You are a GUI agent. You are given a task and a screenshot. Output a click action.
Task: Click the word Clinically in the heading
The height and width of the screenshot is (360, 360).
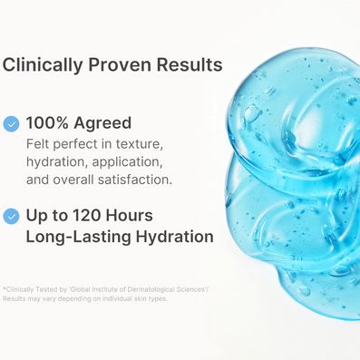click(43, 65)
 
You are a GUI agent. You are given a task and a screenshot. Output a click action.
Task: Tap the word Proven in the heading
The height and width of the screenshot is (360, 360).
click(120, 64)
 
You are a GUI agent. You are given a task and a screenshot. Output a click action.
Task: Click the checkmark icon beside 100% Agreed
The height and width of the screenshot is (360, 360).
click(11, 124)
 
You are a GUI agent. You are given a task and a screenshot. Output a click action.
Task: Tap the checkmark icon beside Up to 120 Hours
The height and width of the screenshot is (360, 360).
click(11, 216)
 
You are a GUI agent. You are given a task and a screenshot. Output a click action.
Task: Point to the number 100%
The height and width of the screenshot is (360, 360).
click(47, 123)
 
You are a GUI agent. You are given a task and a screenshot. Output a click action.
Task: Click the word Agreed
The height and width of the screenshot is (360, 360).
click(102, 124)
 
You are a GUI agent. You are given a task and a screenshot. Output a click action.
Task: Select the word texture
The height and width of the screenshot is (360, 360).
click(140, 144)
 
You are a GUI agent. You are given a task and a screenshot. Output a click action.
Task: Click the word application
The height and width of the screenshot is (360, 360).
click(127, 162)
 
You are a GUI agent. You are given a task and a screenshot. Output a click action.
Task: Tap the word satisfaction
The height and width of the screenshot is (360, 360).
click(135, 180)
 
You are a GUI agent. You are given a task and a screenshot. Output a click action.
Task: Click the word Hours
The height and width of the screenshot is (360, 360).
click(129, 216)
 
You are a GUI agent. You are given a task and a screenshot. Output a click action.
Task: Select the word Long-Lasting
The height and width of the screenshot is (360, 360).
click(78, 237)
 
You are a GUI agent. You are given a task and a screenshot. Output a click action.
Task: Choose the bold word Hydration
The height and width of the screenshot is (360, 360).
click(175, 237)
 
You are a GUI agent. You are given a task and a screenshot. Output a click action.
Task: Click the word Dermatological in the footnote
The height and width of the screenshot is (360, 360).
click(151, 289)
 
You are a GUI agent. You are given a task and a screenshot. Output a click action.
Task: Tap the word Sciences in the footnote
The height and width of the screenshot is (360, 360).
click(190, 289)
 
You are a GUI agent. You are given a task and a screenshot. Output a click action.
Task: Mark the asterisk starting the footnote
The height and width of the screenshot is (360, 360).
click(5, 288)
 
